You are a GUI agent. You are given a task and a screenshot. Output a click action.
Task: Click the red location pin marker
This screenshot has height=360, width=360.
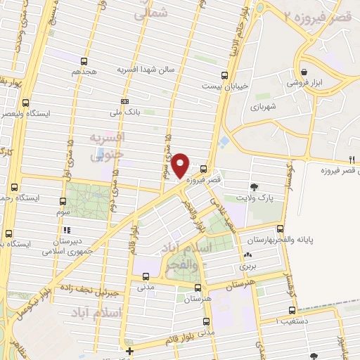tap(181, 165)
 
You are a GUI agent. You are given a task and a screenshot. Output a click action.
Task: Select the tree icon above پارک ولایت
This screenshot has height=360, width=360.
tap(253, 187)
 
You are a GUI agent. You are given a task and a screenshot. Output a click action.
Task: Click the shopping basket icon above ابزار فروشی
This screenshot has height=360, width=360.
tap(303, 72)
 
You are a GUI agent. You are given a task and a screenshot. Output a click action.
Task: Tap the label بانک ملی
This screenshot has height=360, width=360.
tap(124, 112)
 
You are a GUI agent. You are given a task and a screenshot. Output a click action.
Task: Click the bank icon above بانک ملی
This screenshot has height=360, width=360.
tap(124, 101)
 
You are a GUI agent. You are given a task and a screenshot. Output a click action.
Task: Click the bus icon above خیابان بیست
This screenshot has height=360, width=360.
tap(224, 75)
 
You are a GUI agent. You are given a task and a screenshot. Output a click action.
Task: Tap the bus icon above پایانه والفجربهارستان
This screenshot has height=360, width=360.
tap(281, 229)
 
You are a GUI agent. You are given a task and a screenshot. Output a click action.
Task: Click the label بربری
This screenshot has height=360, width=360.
tap(247, 266)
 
